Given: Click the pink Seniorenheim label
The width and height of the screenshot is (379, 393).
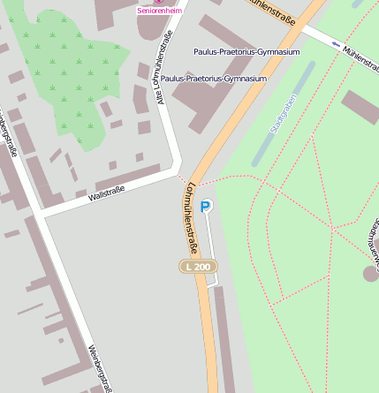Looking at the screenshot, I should [159, 10].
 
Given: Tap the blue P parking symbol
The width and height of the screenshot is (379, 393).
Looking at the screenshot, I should [206, 206].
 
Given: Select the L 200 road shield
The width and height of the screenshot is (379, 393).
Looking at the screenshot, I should [199, 266].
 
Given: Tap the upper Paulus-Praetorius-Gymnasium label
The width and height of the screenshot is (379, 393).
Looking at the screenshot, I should [246, 52].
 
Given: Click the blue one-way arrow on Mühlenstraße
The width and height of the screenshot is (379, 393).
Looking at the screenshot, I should [336, 43].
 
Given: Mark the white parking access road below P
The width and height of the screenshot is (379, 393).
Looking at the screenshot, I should [210, 247].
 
